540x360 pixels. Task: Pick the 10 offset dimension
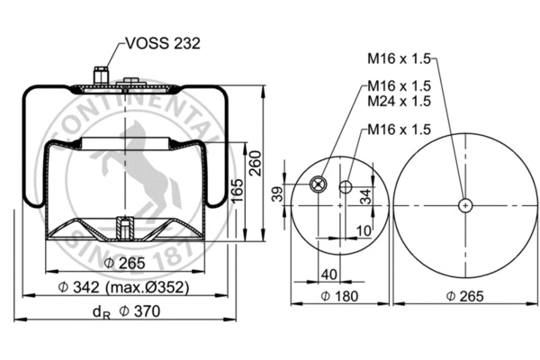363,231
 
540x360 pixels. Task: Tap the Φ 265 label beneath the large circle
463,296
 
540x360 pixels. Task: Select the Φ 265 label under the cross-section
124,263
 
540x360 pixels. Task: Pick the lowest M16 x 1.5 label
399,130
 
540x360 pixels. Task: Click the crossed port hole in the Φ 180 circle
317,184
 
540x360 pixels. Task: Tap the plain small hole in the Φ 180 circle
346,187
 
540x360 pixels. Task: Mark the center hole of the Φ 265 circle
464,205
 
